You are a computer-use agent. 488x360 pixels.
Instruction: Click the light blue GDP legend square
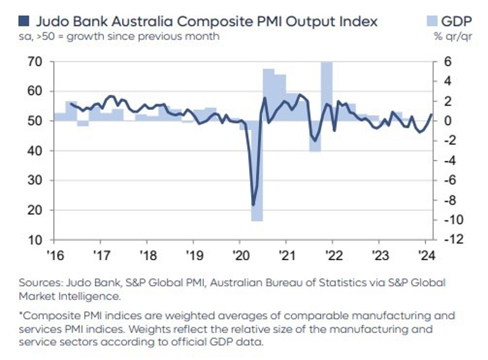point(431,21)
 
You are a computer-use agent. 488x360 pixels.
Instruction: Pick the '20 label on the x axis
point(239,254)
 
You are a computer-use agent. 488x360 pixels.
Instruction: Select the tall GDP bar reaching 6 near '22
point(327,90)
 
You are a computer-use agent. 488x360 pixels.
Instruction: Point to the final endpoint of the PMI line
point(431,114)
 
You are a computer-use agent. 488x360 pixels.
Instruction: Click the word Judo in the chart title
point(50,22)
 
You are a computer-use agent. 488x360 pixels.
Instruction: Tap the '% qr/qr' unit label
point(445,37)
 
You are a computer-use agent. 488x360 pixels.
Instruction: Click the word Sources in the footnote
point(36,282)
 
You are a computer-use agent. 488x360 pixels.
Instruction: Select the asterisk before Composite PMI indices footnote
point(21,315)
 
